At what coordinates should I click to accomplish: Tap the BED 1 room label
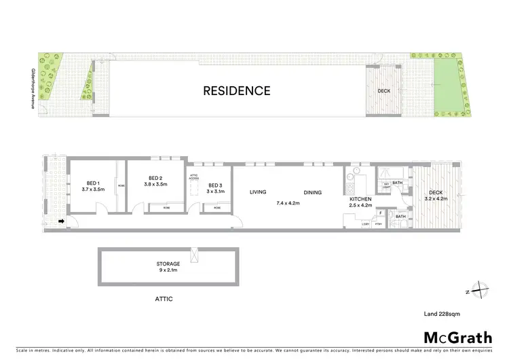coord(93,183)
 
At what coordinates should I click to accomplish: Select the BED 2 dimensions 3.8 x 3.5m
coord(156,184)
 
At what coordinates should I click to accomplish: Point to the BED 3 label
coord(216,185)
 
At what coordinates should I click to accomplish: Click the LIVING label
coord(258,192)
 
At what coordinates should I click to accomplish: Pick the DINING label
coord(312,192)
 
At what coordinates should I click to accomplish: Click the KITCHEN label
coord(360,198)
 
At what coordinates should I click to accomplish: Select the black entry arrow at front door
coord(60,221)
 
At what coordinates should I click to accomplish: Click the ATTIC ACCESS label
coord(193,177)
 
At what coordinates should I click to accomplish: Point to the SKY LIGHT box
coord(387,185)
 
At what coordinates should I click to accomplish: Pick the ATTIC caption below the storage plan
coord(166,298)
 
